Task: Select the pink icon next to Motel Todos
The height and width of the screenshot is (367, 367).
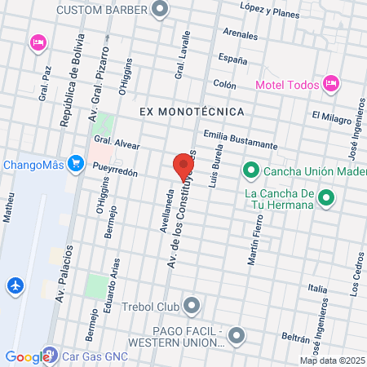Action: coord(330,82)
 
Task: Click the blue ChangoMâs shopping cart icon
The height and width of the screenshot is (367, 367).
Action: coord(76,163)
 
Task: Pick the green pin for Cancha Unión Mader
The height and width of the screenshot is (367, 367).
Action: coord(250,170)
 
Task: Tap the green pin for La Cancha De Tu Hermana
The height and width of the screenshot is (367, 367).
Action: coord(326,197)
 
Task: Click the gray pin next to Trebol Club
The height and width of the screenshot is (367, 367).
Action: coord(192,307)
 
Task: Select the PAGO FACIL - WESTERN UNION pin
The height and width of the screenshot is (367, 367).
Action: coord(237,335)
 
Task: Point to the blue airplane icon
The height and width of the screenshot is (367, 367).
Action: coord(15,285)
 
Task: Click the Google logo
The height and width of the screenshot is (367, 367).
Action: coord(27,356)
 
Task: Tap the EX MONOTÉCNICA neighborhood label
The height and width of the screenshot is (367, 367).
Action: coord(192,110)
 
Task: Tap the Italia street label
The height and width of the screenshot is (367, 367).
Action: coord(317,289)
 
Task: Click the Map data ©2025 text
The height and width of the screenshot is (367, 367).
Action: coord(333,360)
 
